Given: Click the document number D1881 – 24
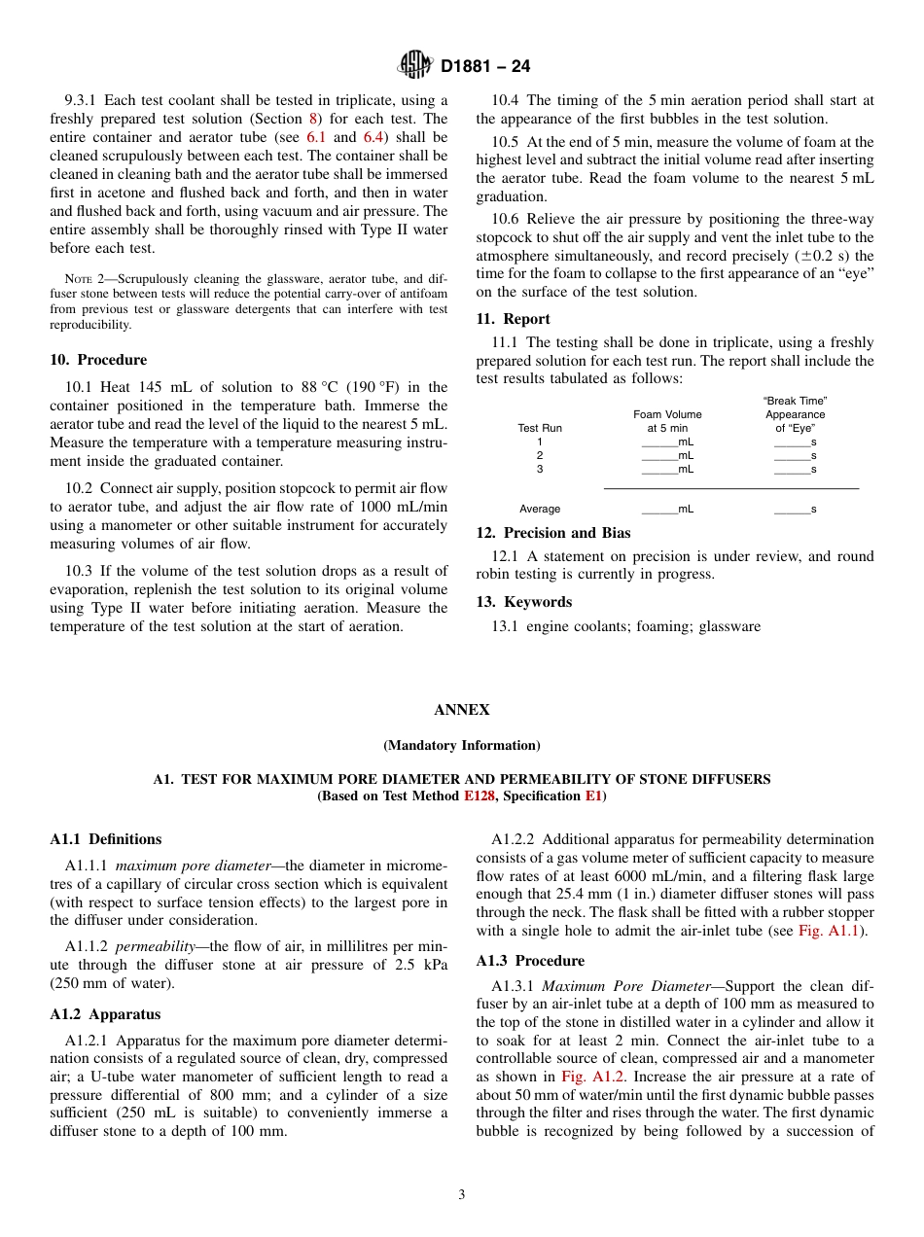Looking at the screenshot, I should click(x=485, y=67).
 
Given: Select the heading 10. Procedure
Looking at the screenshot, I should click(x=98, y=360).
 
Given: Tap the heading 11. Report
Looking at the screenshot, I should click(x=513, y=319).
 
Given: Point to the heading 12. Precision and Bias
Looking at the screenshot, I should click(x=552, y=533).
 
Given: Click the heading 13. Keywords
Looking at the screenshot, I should click(x=523, y=602).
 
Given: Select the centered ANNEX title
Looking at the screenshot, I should click(x=462, y=710).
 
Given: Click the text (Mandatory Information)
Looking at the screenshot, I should click(x=462, y=746).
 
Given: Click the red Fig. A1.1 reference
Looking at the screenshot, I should click(x=824, y=932).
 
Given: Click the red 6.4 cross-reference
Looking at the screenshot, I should click(x=373, y=137).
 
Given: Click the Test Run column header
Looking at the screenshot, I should click(x=540, y=428).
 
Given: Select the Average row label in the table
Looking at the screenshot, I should click(x=540, y=509).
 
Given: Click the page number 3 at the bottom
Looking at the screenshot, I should click(x=462, y=1195).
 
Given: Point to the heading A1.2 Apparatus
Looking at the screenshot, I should click(x=105, y=1014).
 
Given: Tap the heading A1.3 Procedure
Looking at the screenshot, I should click(x=530, y=961).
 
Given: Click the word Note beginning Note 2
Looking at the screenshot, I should click(x=79, y=278).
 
